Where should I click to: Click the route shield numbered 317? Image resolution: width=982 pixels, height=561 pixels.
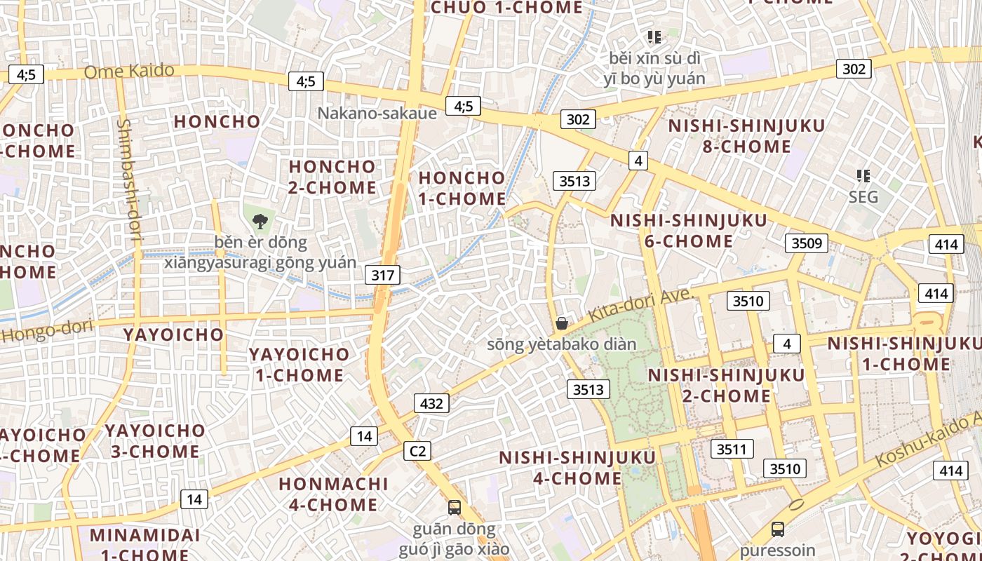coord(382,275)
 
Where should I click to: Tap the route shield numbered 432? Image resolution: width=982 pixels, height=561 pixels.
coord(431,403)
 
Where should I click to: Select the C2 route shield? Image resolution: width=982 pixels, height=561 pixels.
coord(417,451)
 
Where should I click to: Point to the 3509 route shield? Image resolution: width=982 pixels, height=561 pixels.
coord(806,243)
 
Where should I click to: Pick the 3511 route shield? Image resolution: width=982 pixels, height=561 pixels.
coord(732,449)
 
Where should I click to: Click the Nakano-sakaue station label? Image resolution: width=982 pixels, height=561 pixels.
coord(377,113)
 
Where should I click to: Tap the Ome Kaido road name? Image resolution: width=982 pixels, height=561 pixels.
coord(129,71)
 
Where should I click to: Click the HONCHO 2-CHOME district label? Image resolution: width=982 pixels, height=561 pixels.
coord(332,177)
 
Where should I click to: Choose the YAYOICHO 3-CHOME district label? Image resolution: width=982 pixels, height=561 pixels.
coord(155,440)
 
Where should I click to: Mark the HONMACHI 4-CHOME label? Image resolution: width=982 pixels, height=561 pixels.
coord(333,494)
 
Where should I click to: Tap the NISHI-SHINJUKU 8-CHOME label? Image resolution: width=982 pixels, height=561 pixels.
coord(746,136)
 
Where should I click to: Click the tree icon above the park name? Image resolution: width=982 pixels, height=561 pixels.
coord(260,222)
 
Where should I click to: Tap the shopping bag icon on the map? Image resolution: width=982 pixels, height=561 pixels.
coord(561,323)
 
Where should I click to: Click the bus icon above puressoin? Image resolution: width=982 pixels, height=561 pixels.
coord(777,529)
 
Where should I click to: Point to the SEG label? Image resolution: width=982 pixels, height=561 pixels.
coord(863,197)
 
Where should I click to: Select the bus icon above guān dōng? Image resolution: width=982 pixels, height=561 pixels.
coord(455,507)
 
